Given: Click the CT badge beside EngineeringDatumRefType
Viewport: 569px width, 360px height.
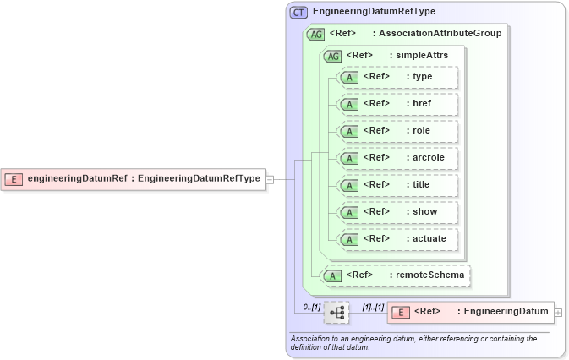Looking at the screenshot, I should (298, 13).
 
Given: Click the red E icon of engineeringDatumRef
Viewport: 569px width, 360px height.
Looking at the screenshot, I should (14, 178).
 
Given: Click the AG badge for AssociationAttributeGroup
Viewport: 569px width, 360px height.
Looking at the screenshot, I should (315, 34).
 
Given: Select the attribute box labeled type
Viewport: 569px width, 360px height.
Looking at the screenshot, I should (397, 77).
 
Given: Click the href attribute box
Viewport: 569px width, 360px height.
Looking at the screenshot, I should (397, 104).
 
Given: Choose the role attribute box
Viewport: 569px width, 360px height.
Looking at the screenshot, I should (397, 131).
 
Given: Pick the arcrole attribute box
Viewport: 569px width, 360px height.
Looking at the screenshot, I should (397, 158).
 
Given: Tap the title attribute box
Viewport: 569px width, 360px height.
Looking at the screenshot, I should (397, 185).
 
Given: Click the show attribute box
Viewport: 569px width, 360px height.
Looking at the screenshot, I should (397, 212).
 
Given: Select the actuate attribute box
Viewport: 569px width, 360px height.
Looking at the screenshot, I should (397, 239).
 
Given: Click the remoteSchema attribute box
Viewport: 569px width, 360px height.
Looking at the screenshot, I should (397, 275).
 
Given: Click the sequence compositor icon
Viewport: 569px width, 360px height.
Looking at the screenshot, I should (336, 313).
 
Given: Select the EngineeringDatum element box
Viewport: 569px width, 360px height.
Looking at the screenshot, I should (469, 312).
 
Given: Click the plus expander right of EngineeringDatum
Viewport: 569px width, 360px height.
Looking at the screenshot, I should (558, 312).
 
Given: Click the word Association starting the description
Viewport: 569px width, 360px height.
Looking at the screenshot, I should (312, 339).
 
